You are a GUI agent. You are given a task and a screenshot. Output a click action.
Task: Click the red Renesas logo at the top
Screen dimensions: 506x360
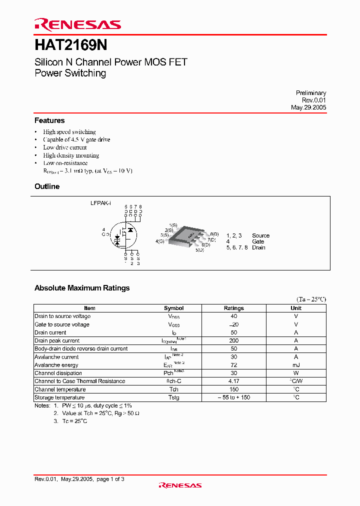77,24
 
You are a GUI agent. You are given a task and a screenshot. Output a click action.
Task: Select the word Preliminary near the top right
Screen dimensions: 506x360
310,93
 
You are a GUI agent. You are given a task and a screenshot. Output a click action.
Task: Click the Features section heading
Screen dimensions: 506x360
49,120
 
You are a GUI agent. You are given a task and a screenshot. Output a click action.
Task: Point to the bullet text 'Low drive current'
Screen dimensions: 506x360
65,147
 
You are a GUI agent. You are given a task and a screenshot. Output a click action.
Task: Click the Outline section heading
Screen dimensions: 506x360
47,186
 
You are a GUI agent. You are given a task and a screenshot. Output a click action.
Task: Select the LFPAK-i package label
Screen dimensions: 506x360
101,203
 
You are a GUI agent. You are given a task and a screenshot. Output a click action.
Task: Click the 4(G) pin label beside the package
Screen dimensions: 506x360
160,241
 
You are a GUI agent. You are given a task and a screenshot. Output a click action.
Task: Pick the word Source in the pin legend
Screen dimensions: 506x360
260,235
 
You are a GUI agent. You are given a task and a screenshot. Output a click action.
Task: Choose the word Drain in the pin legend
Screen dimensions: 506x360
258,247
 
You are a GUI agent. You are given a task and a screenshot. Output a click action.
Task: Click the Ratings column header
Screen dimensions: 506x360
234,308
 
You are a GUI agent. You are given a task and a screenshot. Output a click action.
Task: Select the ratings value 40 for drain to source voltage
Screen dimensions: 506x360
234,316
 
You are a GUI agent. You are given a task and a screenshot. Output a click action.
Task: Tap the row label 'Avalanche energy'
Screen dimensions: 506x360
56,365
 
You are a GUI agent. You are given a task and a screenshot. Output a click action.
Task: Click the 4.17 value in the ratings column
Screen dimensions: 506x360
234,381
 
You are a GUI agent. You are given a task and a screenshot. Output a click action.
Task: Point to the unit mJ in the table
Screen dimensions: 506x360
296,365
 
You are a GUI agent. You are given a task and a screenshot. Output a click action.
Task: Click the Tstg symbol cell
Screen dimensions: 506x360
174,397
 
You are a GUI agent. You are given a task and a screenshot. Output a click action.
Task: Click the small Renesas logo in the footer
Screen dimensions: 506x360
180,485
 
